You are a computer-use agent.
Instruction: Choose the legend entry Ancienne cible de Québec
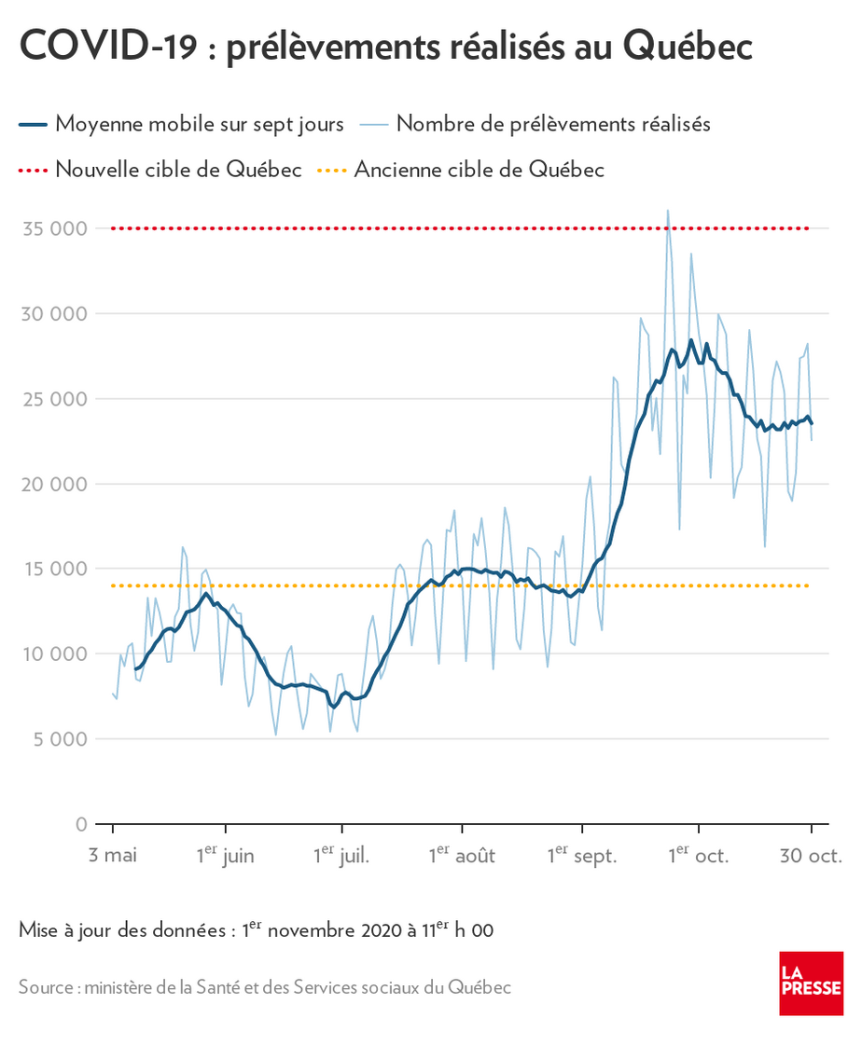pos(479,170)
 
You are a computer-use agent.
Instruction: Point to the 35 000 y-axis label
pos(59,228)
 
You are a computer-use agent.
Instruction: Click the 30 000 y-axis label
pos(59,313)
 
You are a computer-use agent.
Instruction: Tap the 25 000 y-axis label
pos(59,399)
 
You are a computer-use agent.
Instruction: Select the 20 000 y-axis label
pos(59,484)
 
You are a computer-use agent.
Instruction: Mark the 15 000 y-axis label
pos(59,569)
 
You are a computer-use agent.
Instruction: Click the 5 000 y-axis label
pos(63,739)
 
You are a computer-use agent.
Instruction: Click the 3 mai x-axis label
pos(112,856)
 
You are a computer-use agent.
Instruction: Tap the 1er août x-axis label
pos(462,855)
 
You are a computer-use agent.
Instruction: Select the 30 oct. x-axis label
pos(811,856)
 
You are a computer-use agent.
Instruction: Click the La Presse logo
pos(811,983)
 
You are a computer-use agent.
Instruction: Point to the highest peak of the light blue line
pos(668,211)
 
